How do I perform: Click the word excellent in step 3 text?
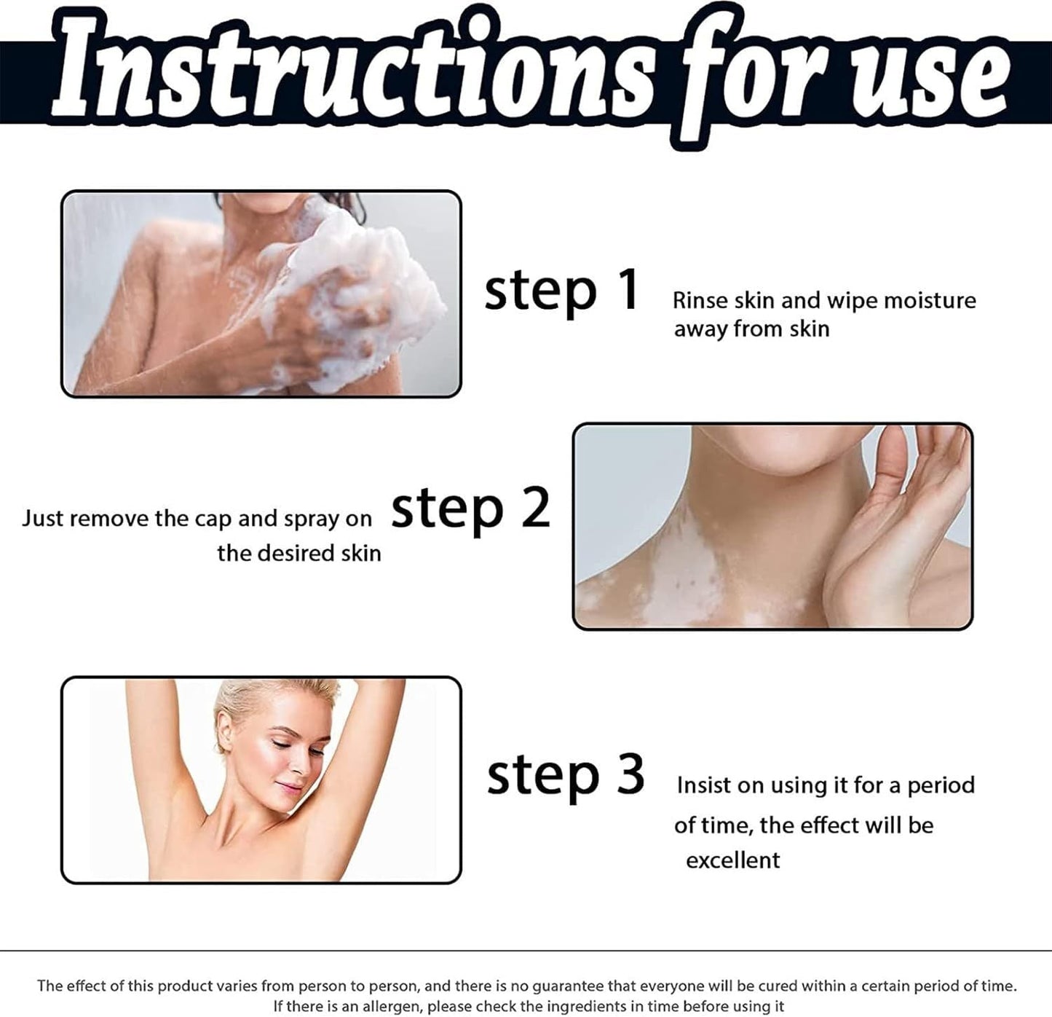click(x=732, y=860)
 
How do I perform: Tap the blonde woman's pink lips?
click(x=289, y=788)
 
